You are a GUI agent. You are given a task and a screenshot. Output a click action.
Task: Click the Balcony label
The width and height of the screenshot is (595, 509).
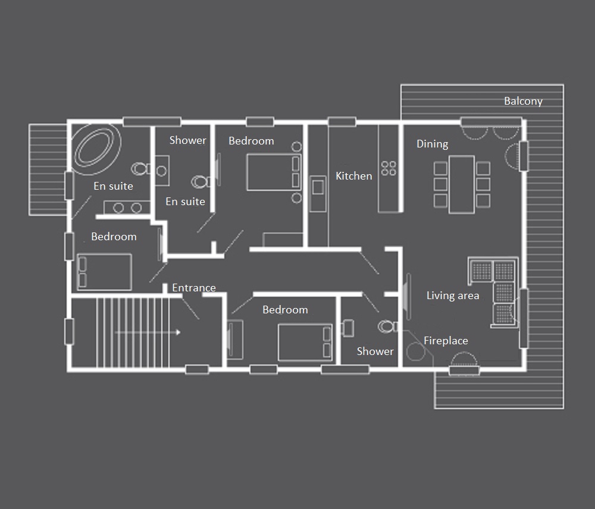tap(523, 101)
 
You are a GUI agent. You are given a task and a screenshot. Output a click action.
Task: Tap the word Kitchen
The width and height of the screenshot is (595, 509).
tap(353, 176)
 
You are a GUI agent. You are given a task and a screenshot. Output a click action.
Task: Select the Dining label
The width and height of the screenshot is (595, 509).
tap(432, 144)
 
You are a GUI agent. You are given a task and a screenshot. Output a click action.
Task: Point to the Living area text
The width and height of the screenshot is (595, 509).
tap(453, 296)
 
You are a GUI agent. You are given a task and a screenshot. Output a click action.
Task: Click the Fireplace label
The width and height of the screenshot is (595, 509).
tap(446, 341)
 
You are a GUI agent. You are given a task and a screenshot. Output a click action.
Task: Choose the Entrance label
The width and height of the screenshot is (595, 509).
tap(193, 288)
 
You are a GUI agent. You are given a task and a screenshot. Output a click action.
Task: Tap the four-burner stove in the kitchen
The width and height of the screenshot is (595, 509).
tap(389, 168)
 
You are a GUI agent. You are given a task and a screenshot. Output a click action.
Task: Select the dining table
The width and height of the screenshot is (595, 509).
tap(462, 184)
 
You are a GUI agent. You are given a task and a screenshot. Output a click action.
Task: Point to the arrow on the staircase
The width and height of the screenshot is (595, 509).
tap(147, 332)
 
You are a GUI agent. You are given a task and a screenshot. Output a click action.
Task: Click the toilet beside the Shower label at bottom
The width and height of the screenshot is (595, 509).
tap(387, 326)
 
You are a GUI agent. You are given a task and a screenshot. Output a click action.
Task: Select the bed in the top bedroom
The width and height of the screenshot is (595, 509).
tap(274, 172)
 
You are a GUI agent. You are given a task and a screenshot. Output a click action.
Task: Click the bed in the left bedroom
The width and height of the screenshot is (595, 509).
tap(104, 272)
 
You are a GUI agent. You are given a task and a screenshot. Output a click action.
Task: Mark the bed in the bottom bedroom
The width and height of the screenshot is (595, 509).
tap(305, 342)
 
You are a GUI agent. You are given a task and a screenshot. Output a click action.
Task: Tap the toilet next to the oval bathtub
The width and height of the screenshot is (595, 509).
tap(141, 169)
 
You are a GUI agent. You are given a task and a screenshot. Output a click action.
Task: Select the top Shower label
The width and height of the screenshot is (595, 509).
tap(188, 140)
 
